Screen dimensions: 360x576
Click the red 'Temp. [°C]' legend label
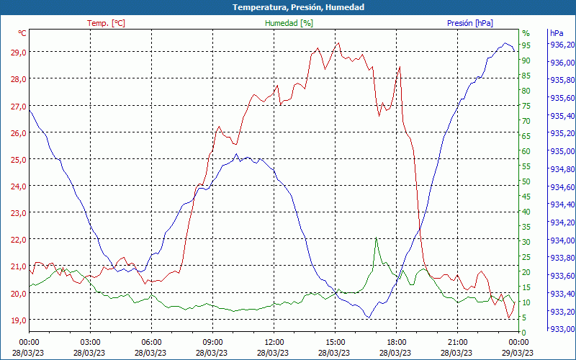click(x=106, y=23)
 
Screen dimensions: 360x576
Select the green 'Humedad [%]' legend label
click(x=289, y=23)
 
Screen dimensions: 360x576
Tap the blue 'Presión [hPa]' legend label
click(x=469, y=23)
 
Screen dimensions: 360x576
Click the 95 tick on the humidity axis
click(x=526, y=45)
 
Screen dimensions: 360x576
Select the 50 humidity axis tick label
click(x=526, y=181)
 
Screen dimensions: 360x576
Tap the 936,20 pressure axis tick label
click(x=561, y=45)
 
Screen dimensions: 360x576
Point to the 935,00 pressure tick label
click(x=561, y=151)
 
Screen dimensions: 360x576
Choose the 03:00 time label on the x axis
click(x=90, y=342)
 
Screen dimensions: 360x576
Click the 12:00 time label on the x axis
click(x=274, y=342)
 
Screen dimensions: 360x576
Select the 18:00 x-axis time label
click(x=397, y=342)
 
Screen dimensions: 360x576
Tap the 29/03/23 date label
click(x=518, y=352)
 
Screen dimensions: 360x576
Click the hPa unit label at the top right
click(x=556, y=33)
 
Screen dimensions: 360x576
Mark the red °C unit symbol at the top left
click(x=22, y=33)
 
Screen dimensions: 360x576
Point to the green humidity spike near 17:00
click(x=376, y=239)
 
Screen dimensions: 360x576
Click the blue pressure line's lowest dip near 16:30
click(x=368, y=317)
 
